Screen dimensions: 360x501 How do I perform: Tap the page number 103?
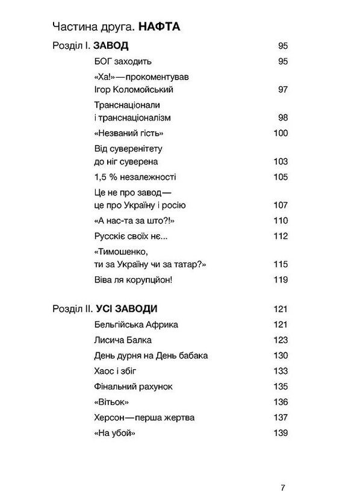pyautogui.click(x=281, y=161)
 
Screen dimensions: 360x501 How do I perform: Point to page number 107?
pyautogui.click(x=281, y=205)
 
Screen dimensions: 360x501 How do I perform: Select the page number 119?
pyautogui.click(x=281, y=280)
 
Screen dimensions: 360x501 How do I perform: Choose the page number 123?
pyautogui.click(x=281, y=340)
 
